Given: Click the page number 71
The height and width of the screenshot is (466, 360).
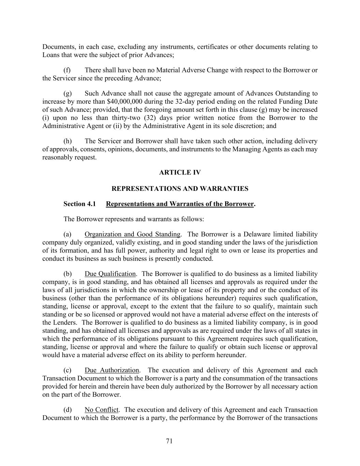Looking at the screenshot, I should point(169,441).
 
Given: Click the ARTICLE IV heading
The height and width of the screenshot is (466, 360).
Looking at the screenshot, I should point(180,173).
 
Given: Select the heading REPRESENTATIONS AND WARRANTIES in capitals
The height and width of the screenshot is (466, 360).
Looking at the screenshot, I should point(180,188).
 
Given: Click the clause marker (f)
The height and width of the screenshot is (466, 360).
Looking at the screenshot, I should point(67,70).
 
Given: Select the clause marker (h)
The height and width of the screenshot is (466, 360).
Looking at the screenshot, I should point(67,141).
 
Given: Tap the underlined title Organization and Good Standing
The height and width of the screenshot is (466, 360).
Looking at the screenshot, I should point(132,234).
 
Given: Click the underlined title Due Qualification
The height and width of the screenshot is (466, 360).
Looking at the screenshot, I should point(110,274).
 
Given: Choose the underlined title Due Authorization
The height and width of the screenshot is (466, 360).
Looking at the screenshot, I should point(112,370).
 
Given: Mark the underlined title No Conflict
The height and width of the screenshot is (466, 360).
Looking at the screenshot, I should point(101,410).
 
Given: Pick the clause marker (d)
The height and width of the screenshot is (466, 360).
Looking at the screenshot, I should point(67,410).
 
